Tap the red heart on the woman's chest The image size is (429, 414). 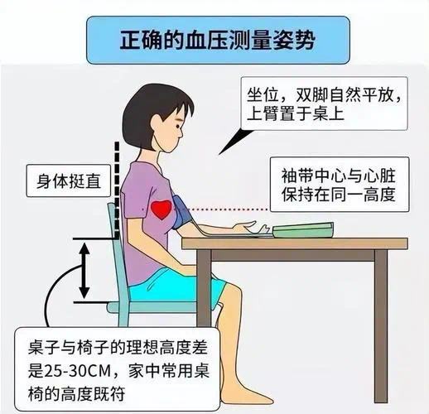click(161, 207)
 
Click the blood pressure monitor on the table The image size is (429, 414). click(302, 229)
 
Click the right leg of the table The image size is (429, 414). click(380, 315)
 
